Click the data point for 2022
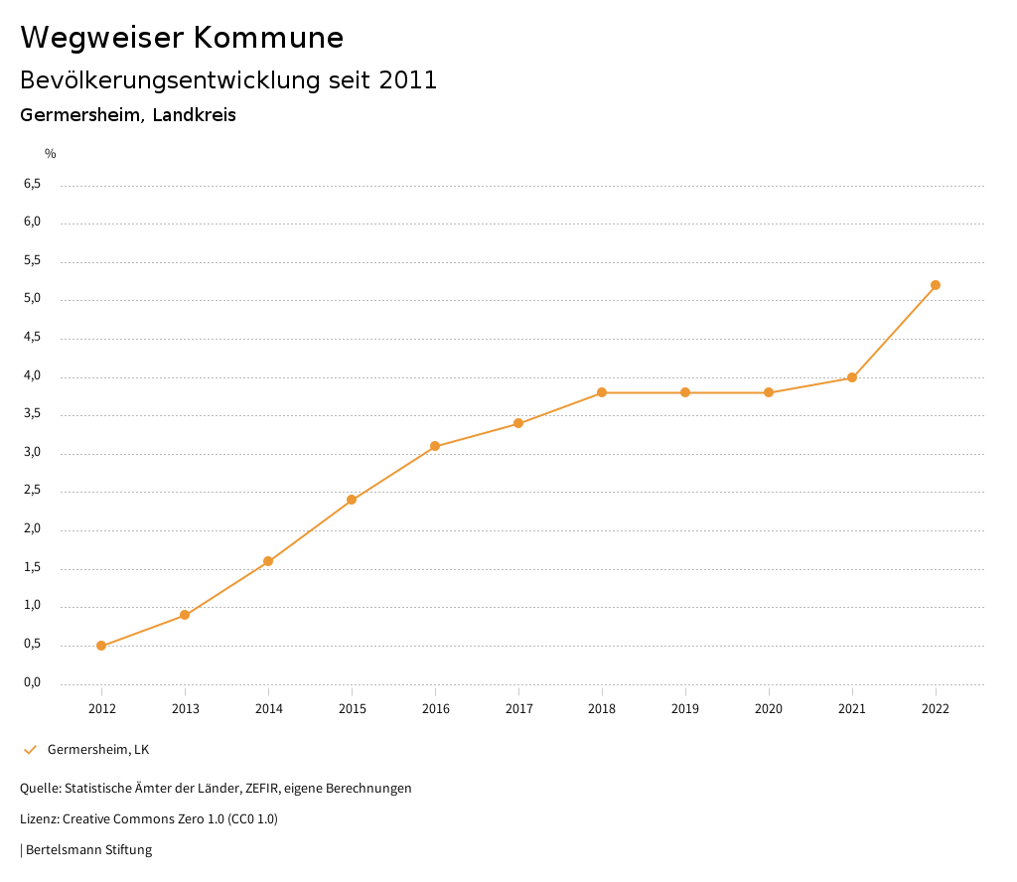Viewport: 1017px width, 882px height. pos(936,285)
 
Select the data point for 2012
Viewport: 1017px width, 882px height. pos(101,646)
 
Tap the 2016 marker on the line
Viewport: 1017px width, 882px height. pos(435,446)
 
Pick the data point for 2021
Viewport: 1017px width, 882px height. pos(852,377)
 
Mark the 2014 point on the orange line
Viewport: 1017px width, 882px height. pos(268,561)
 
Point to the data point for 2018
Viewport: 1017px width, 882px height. pos(602,392)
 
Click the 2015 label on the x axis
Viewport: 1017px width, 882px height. pos(352,709)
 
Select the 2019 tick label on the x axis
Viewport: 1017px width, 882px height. pos(685,709)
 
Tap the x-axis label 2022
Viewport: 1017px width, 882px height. pos(936,709)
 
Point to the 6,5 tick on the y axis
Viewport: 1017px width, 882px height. pos(32,184)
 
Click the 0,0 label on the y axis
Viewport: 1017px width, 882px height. pos(32,682)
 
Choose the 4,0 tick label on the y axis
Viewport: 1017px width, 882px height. pos(32,375)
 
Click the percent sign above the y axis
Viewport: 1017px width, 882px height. pos(51,154)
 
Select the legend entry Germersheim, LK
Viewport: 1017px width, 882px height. pos(98,750)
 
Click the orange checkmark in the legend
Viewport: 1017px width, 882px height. pos(30,750)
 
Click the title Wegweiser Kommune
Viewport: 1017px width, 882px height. pos(182,38)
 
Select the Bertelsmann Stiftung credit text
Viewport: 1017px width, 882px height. pos(88,850)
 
